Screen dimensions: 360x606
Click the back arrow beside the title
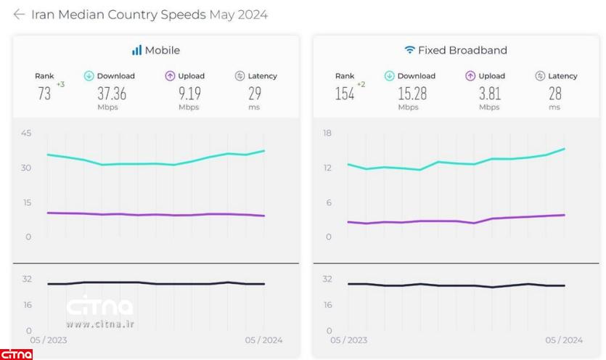[19, 15]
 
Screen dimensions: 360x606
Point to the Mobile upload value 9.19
[189, 94]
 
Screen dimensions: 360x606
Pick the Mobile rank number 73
[44, 94]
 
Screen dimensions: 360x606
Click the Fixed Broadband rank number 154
[344, 94]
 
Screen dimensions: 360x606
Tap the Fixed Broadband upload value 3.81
[489, 94]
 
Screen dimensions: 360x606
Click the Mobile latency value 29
[254, 94]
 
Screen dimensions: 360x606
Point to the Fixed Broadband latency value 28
[554, 94]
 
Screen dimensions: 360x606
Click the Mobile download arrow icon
[89, 76]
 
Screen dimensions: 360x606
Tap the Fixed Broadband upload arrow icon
[470, 76]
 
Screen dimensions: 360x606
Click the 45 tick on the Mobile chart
[27, 133]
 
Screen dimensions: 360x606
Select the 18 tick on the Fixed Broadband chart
[327, 133]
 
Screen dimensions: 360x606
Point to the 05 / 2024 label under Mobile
[263, 340]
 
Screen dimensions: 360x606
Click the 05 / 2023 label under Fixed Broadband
[348, 340]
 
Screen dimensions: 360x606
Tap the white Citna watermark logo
[100, 308]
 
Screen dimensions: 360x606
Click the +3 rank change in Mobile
[61, 85]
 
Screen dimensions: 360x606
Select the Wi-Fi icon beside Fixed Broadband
[410, 51]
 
